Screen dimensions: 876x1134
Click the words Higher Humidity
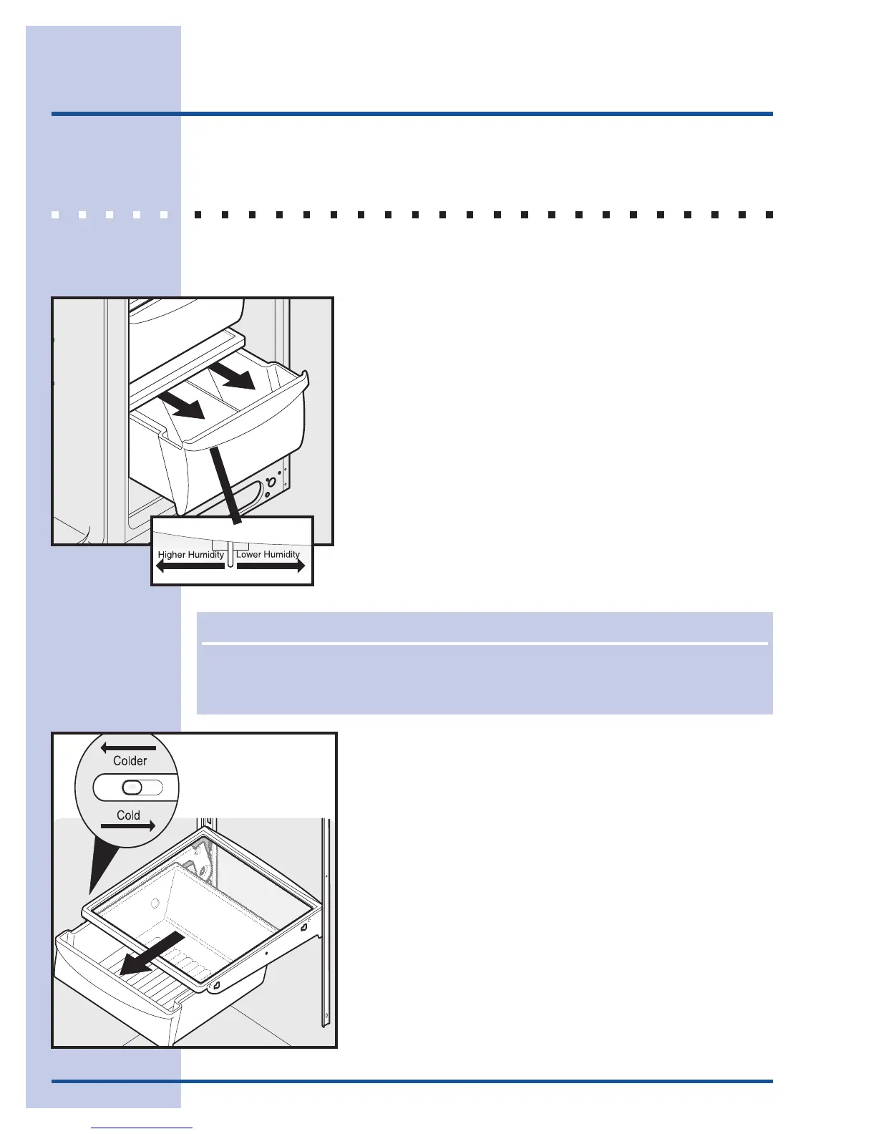pos(190,555)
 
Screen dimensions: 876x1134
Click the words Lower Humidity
pos(268,554)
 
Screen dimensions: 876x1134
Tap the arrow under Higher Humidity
pos(190,566)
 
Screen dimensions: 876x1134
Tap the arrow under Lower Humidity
pos(271,566)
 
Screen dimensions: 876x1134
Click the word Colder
pos(130,761)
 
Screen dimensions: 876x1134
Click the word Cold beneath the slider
pos(128,815)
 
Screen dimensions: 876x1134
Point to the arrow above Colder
pos(128,748)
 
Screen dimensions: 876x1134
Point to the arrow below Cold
pos(128,826)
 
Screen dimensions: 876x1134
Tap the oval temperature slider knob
pos(132,787)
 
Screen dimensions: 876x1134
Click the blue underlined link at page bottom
pos(142,1128)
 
